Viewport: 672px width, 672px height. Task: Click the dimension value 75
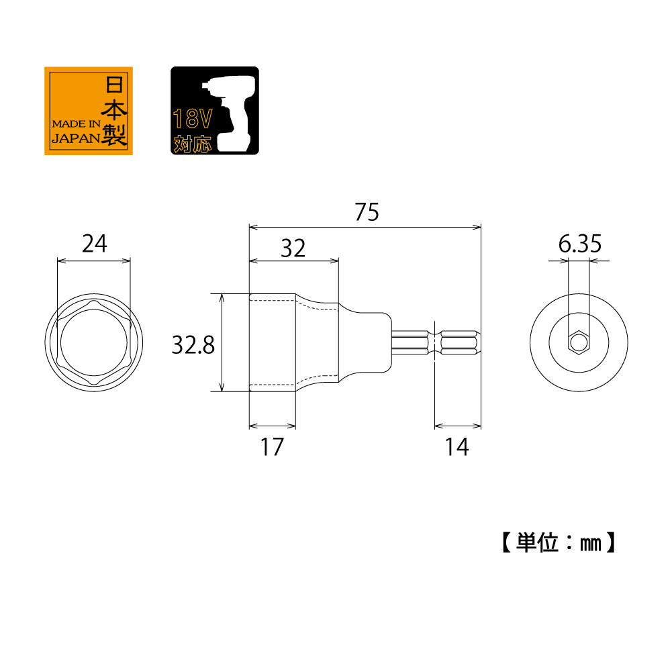pos(367,211)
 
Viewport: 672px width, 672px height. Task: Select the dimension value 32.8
pos(193,344)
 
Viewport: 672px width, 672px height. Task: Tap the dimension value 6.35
pos(580,244)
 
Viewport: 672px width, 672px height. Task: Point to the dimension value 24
pos(94,244)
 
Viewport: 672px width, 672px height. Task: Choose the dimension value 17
pos(272,447)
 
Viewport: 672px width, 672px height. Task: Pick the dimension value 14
pos(457,447)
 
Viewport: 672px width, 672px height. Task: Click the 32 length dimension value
pos(293,248)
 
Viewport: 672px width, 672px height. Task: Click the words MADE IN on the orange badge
pos(77,124)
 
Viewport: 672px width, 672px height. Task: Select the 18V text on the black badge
pos(193,119)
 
